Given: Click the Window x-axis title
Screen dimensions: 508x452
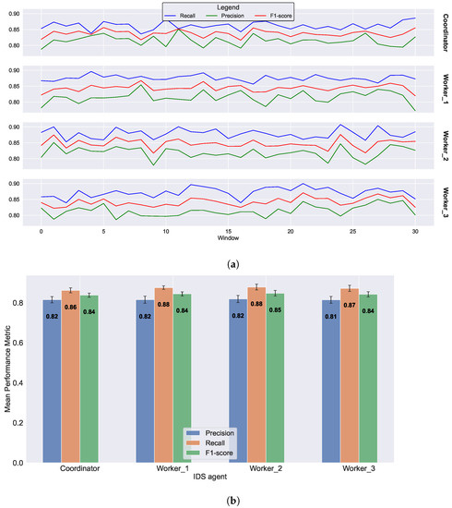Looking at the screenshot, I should (x=228, y=237).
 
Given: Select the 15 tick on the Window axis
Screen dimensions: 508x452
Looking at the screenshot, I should (x=228, y=229).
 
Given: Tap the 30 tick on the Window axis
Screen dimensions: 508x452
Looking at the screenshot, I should (x=415, y=229).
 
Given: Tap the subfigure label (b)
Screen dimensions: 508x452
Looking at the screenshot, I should (x=228, y=500).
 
